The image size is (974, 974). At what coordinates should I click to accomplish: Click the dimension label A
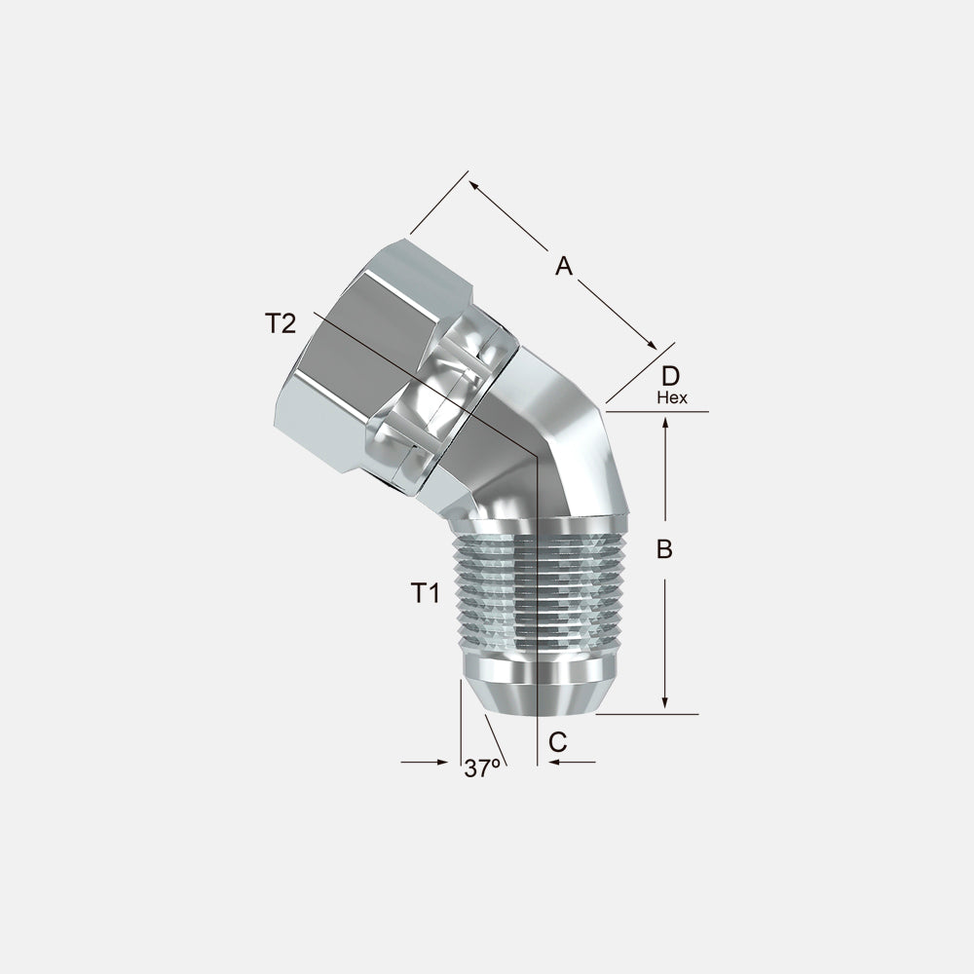pyautogui.click(x=563, y=265)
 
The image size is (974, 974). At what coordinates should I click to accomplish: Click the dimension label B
pyautogui.click(x=664, y=549)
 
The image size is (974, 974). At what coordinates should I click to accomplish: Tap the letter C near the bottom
pyautogui.click(x=557, y=741)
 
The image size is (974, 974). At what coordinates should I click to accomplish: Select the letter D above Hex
pyautogui.click(x=670, y=376)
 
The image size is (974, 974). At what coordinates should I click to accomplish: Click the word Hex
pyautogui.click(x=672, y=397)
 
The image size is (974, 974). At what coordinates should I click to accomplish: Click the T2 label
pyautogui.click(x=280, y=323)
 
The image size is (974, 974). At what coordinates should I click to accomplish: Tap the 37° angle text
pyautogui.click(x=482, y=768)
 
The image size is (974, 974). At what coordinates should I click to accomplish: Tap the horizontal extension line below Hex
pyautogui.click(x=662, y=412)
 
